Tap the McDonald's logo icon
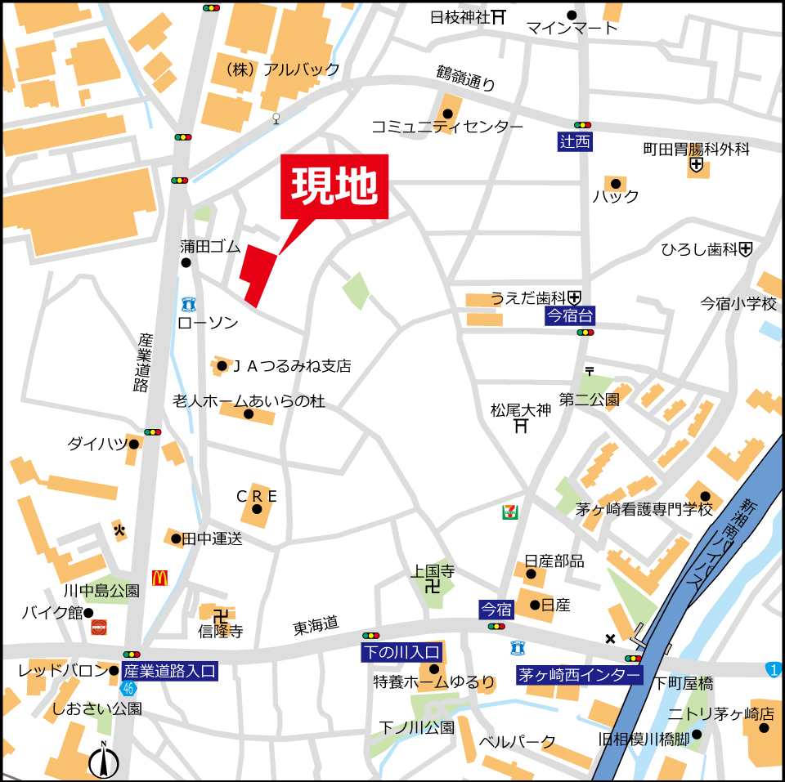[159, 578]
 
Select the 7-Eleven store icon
[509, 512]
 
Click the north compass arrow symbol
[104, 762]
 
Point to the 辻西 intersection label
[576, 141]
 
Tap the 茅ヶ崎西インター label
[579, 676]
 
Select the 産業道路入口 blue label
[169, 672]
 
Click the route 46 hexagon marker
[128, 688]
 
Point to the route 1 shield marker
[773, 669]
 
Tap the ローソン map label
[208, 324]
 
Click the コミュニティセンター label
[446, 127]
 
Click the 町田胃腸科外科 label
[696, 150]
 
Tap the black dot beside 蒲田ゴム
[186, 263]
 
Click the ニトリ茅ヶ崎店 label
[720, 713]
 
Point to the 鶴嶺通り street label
[466, 78]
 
